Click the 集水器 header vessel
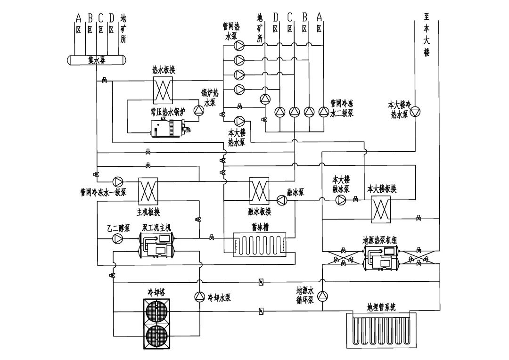pyautogui.click(x=96, y=60)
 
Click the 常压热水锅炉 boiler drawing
pyautogui.click(x=169, y=128)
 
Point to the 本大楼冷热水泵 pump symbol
pyautogui.click(x=416, y=112)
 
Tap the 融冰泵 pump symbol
pyautogui.click(x=282, y=200)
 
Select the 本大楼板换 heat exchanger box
pyautogui.click(x=381, y=209)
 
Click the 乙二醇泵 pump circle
pyautogui.click(x=117, y=239)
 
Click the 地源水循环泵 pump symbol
pyautogui.click(x=322, y=296)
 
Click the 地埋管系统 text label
pyautogui.click(x=381, y=307)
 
